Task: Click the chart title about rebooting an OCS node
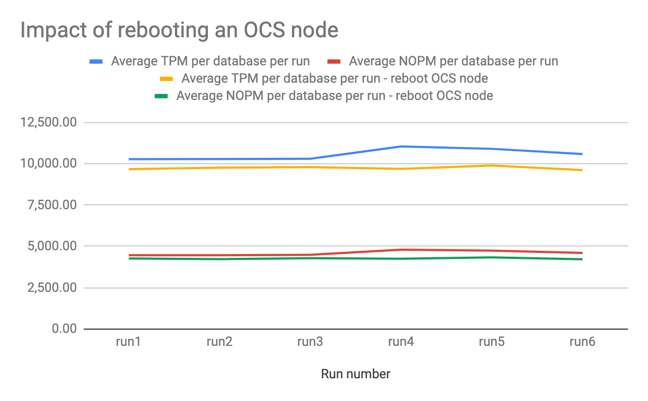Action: [x=179, y=30]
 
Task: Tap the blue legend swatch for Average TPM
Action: [x=96, y=61]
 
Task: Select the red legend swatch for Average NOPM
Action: [x=334, y=61]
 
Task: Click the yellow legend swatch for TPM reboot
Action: [x=166, y=78]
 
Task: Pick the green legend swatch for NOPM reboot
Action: [x=161, y=96]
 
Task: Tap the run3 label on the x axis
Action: [x=310, y=342]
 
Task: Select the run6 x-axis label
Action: [x=582, y=342]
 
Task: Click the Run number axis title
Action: [x=355, y=374]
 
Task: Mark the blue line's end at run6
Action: [x=582, y=154]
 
